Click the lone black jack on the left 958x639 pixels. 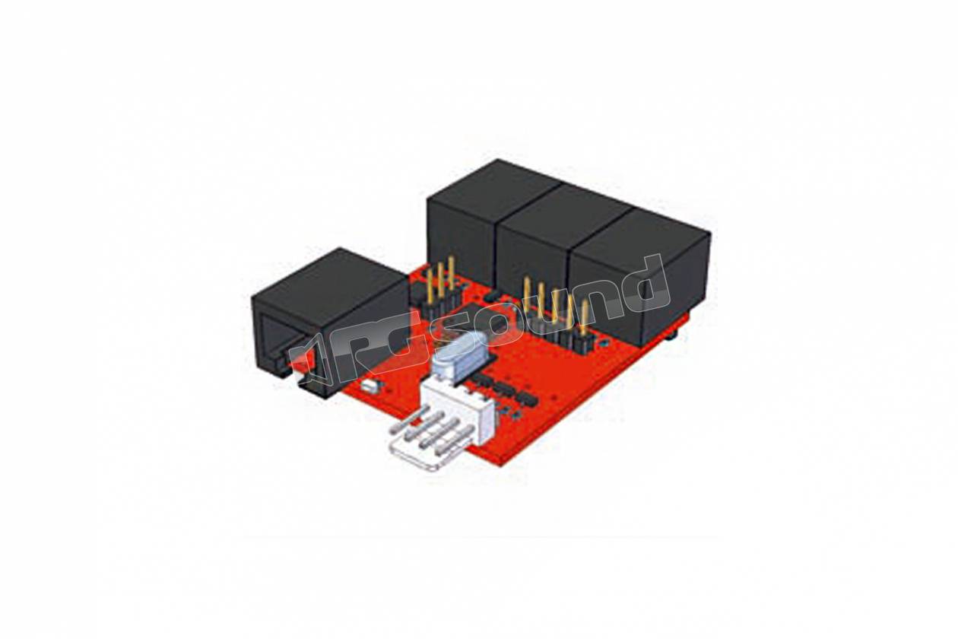(329, 321)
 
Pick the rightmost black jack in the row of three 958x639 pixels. (642, 274)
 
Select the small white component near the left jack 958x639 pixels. (369, 387)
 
